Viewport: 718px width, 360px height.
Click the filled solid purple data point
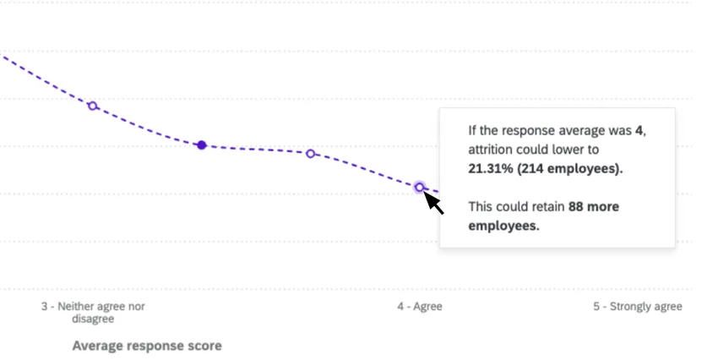coord(201,145)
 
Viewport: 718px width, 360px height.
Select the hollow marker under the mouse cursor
coord(419,187)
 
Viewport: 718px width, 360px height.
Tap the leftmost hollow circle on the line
coord(93,106)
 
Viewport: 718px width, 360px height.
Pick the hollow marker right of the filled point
coord(310,154)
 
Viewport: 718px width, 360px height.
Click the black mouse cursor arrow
coord(434,203)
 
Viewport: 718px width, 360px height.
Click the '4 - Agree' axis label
coord(419,307)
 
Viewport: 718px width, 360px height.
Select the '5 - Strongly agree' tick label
coord(637,307)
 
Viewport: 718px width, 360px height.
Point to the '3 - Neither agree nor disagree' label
coord(93,313)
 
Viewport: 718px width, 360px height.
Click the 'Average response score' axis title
coord(147,346)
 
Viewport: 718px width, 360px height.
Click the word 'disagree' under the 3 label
coord(93,319)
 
